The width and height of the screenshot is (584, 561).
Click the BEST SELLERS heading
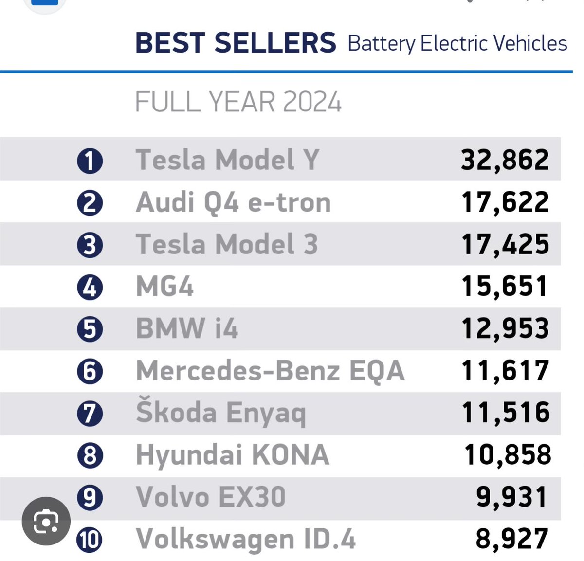point(236,43)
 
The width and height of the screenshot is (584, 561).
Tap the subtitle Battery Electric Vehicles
point(457,43)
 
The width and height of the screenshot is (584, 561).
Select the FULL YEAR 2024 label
point(238,102)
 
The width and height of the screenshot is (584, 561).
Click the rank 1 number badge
point(90,161)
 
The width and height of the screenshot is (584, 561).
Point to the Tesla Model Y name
point(227,160)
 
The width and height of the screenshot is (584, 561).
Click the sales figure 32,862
point(505,160)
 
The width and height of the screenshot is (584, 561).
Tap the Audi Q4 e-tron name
point(233,202)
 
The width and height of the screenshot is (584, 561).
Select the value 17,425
point(505,244)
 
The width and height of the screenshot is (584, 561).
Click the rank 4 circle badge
point(90,288)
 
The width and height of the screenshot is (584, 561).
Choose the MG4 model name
point(165,287)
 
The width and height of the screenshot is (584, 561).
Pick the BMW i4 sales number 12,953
point(505,328)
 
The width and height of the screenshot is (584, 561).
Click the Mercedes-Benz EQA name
point(270,371)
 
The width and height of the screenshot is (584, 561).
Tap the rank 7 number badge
point(90,414)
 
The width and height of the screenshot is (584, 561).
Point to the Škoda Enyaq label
point(220,413)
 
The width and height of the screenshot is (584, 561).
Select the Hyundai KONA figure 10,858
point(508,455)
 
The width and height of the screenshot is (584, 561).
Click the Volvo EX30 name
point(211,497)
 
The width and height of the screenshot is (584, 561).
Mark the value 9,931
point(511,497)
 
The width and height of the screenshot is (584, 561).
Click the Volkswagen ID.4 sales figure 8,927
point(511,539)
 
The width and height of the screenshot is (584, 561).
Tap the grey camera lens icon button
point(46,521)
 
